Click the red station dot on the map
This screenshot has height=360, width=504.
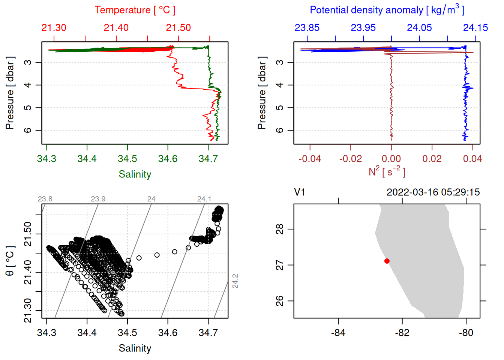click(387, 261)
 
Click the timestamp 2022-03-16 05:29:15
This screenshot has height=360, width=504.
click(433, 192)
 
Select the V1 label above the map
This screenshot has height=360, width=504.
click(300, 192)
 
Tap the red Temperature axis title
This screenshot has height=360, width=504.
click(135, 10)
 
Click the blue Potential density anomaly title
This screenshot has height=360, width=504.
click(387, 10)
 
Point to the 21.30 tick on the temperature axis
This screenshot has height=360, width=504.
click(54, 28)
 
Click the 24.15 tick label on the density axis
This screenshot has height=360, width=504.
click(475, 28)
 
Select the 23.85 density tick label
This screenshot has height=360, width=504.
click(307, 28)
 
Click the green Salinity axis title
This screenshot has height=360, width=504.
click(135, 174)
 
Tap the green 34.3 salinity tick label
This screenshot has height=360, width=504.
click(46, 159)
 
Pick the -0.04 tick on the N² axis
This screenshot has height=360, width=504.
click(310, 159)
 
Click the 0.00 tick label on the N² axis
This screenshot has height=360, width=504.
click(391, 159)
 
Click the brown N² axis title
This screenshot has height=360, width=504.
click(387, 171)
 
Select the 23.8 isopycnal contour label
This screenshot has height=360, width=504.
click(45, 199)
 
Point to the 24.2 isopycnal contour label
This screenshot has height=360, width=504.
click(235, 281)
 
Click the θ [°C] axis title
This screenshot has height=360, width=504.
click(10, 261)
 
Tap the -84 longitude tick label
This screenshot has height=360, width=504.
click(338, 333)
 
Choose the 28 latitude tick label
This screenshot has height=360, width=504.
click(280, 229)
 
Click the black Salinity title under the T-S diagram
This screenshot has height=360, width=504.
click(135, 348)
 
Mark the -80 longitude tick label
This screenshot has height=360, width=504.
click(466, 333)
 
